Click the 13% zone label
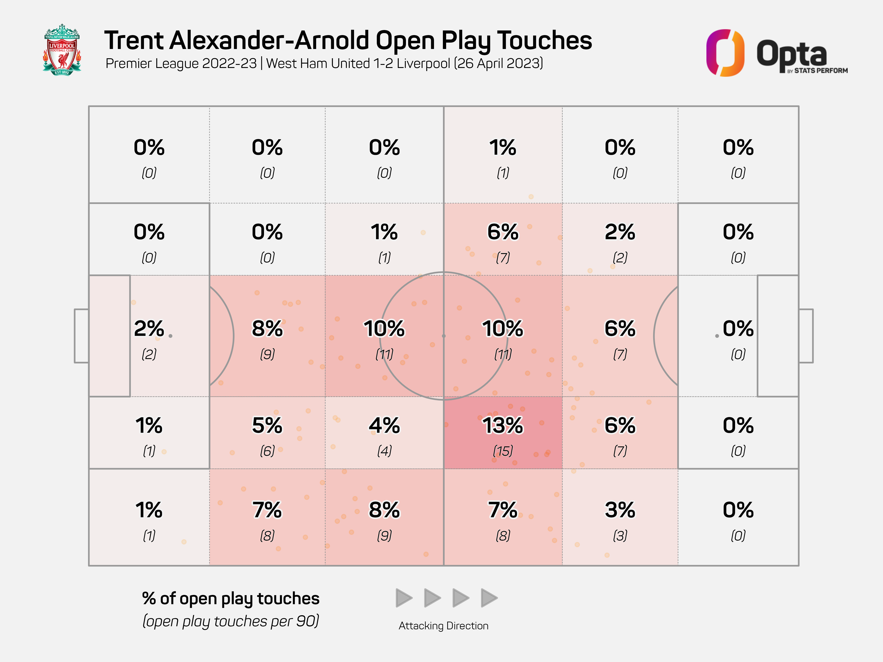pos(503,425)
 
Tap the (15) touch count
pos(503,451)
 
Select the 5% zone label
pos(267,425)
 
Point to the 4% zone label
pos(384,425)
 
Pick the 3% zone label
pos(620,510)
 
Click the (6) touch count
pos(267,451)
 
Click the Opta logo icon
pos(725,53)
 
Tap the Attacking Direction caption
pos(443,626)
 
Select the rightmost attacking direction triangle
pos(489,598)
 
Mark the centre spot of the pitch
pos(443,336)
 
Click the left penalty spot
pos(170,336)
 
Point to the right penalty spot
pos(717,336)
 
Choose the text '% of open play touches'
pos(231,598)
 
